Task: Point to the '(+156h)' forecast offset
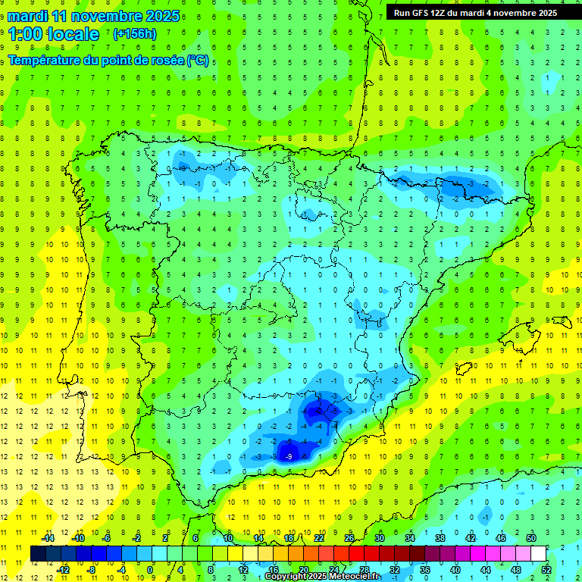click(x=135, y=34)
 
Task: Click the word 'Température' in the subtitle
click(x=44, y=60)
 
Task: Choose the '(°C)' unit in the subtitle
click(x=197, y=60)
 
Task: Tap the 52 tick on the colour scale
click(x=546, y=569)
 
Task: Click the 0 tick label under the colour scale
click(x=149, y=569)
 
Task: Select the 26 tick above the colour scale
click(x=349, y=538)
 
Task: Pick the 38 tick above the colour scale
click(x=440, y=538)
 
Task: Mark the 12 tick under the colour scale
click(x=243, y=569)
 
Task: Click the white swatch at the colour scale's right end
click(x=538, y=554)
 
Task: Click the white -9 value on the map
click(x=289, y=456)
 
